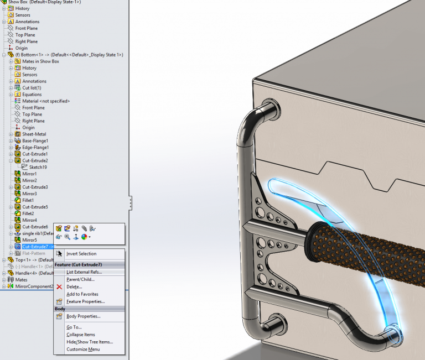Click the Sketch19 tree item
pos(38,167)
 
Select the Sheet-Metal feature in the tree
pos(34,134)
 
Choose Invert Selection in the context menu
pos(81,254)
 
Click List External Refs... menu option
pos(84,272)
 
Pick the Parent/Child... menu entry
pos(80,279)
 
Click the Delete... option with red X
pos(74,287)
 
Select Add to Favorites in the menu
pos(82,294)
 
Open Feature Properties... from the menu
pos(85,301)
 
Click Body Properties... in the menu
pos(83,316)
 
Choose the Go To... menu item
pos(74,327)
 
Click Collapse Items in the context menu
pos(80,335)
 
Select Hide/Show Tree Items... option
pos(89,342)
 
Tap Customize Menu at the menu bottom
pos(83,349)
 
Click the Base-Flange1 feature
pos(35,141)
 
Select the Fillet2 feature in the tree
pos(28,213)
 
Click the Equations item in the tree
pos(32,95)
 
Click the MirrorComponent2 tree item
pos(34,286)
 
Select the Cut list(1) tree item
pos(32,88)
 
